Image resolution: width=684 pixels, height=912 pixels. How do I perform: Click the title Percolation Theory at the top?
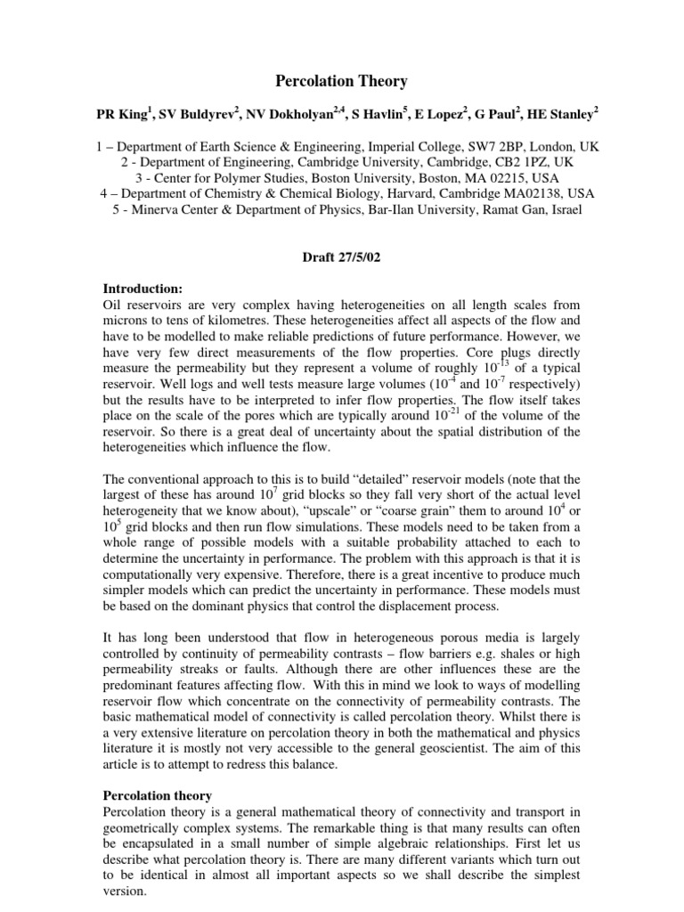[341, 81]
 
